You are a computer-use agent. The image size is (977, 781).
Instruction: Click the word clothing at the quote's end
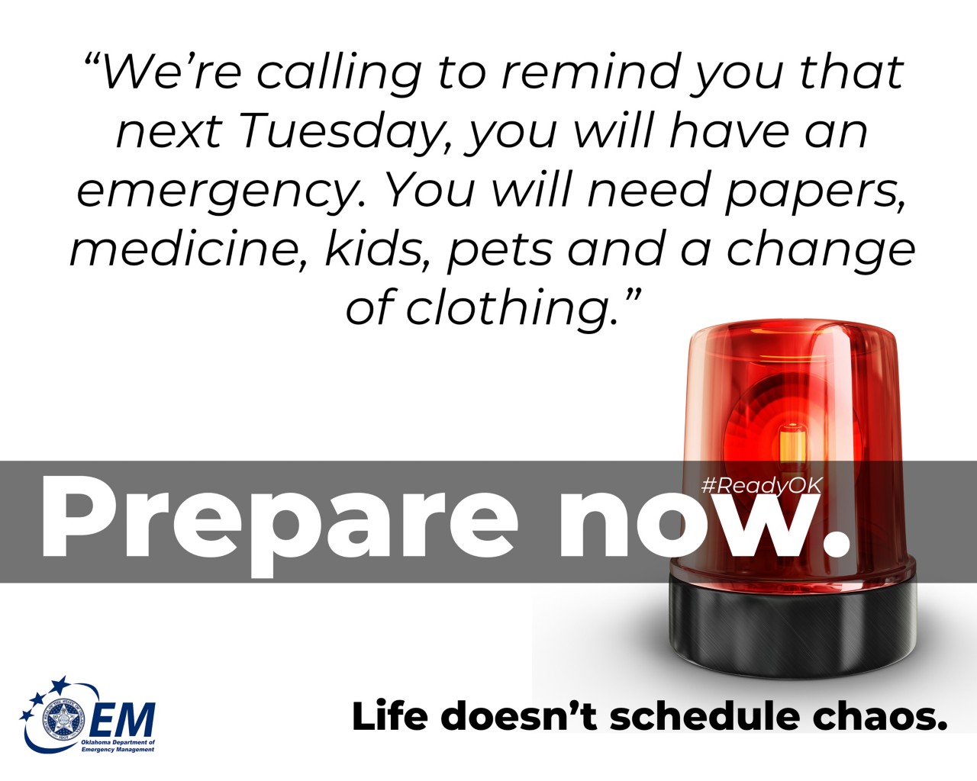pos(511,308)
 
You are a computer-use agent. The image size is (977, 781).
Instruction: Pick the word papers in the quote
pos(814,191)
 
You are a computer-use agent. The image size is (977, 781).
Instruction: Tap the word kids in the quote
pos(379,249)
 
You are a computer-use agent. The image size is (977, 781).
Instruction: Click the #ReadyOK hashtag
pos(761,486)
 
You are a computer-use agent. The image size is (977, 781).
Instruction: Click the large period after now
pos(837,542)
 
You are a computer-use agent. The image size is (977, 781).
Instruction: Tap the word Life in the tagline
pos(389,717)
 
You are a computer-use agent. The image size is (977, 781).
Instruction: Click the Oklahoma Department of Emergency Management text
pos(118,746)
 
